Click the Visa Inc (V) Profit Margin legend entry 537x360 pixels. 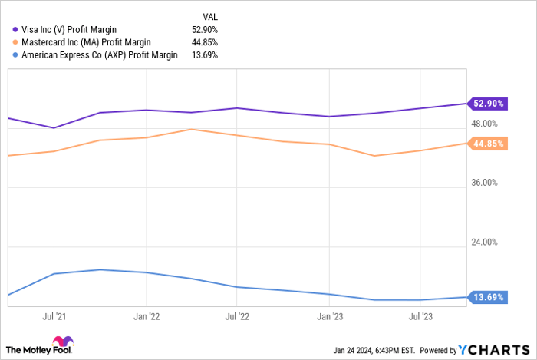pyautogui.click(x=69, y=30)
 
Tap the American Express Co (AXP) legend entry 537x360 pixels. pyautogui.click(x=95, y=54)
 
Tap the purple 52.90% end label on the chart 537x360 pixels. pyautogui.click(x=488, y=103)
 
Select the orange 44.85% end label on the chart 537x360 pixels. pyautogui.click(x=488, y=144)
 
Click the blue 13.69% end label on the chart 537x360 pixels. pyautogui.click(x=488, y=297)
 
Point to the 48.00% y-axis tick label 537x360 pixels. pyautogui.click(x=484, y=124)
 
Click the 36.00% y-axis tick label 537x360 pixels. pyautogui.click(x=484, y=183)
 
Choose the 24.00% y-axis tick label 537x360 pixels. pyautogui.click(x=484, y=242)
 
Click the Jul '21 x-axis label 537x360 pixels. pyautogui.click(x=54, y=315)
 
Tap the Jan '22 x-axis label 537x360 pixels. pyautogui.click(x=146, y=315)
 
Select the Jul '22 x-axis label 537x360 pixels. pyautogui.click(x=237, y=315)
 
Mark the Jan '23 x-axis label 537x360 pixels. pyautogui.click(x=329, y=315)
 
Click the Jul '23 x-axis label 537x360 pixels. pyautogui.click(x=420, y=315)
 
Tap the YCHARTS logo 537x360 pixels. pyautogui.click(x=491, y=350)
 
